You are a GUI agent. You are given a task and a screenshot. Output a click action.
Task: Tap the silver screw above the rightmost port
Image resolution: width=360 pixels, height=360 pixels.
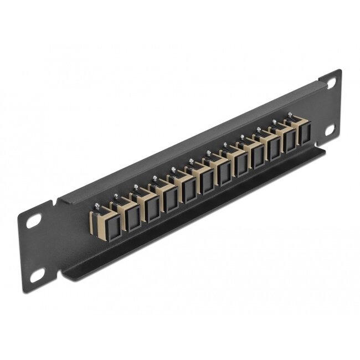click(289, 115)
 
